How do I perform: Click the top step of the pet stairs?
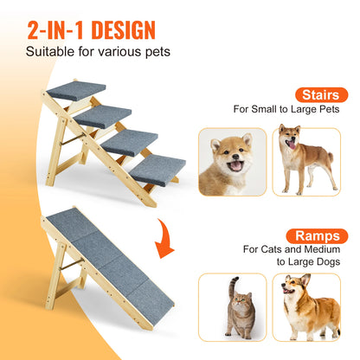(76, 90)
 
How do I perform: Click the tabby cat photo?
(233, 306)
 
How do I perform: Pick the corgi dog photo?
(305, 306)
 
